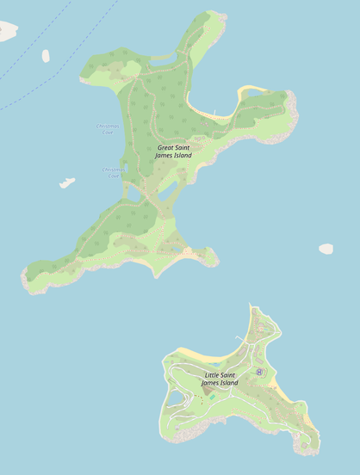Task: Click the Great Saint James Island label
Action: pyautogui.click(x=174, y=151)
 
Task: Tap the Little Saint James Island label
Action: pyautogui.click(x=221, y=379)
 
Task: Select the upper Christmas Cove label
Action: pyautogui.click(x=108, y=129)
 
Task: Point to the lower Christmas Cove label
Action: pyautogui.click(x=114, y=172)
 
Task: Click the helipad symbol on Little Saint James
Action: pyautogui.click(x=259, y=372)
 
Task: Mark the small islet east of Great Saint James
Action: pyautogui.click(x=326, y=249)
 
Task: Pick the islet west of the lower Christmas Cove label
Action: pyautogui.click(x=66, y=182)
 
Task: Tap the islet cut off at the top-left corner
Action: pyautogui.click(x=7, y=32)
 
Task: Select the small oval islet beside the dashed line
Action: pyautogui.click(x=46, y=56)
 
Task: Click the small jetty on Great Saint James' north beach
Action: pyautogui.click(x=214, y=112)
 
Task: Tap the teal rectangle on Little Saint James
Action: pyautogui.click(x=212, y=398)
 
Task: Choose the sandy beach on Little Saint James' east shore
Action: pyautogui.click(x=281, y=390)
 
